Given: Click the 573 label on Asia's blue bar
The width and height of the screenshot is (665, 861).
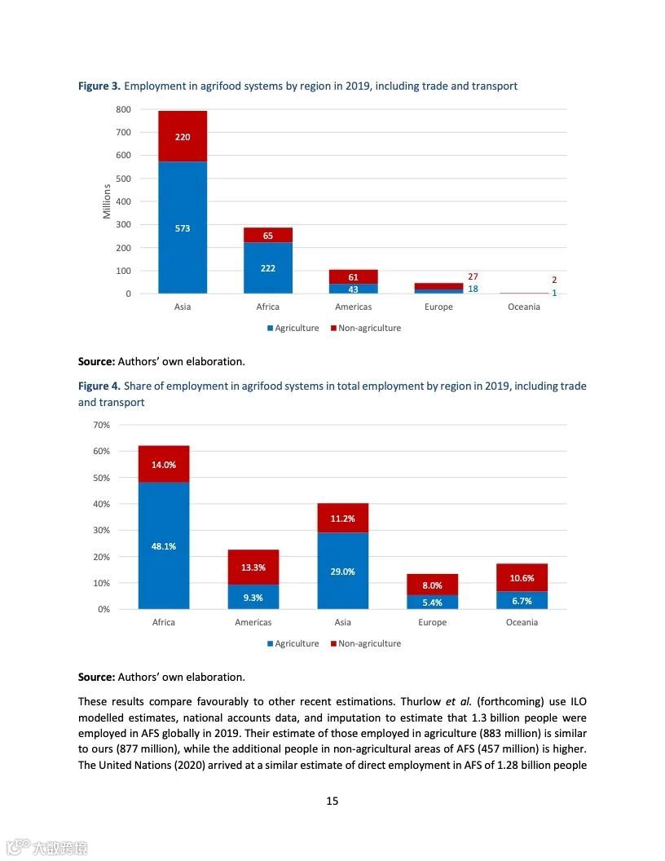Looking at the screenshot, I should [x=183, y=228].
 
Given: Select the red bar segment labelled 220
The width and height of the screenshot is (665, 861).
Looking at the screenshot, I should [x=183, y=136].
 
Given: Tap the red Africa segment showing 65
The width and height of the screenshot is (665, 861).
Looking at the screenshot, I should [x=268, y=236].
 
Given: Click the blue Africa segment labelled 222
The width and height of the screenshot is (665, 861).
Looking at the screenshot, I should [x=268, y=268].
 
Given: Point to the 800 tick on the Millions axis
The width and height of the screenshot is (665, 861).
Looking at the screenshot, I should [x=123, y=109].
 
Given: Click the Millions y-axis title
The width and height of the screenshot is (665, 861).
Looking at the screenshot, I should [x=107, y=201].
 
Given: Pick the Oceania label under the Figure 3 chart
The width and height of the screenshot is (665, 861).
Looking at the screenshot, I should [x=523, y=307].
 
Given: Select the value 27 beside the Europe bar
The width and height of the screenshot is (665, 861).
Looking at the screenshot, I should [x=473, y=277].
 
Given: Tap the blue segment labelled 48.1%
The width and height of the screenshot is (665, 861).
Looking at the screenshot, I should [x=164, y=546].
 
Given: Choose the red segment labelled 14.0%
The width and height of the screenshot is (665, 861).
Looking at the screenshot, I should [x=164, y=465].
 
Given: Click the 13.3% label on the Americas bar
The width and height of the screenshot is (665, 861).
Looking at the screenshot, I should [x=253, y=567].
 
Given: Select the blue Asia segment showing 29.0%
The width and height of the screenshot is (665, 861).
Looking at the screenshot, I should [x=343, y=572].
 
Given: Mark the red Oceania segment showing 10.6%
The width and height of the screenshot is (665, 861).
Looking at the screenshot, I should [x=522, y=578].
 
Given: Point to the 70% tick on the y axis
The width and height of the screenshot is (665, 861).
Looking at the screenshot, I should [x=102, y=425].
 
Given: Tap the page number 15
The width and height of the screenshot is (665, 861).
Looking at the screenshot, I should [x=332, y=801].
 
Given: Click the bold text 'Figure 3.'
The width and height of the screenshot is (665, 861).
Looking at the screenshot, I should [x=99, y=86].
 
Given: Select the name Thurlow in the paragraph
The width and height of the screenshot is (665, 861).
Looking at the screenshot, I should [x=421, y=701].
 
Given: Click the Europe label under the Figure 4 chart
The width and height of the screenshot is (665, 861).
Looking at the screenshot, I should [x=433, y=622].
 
